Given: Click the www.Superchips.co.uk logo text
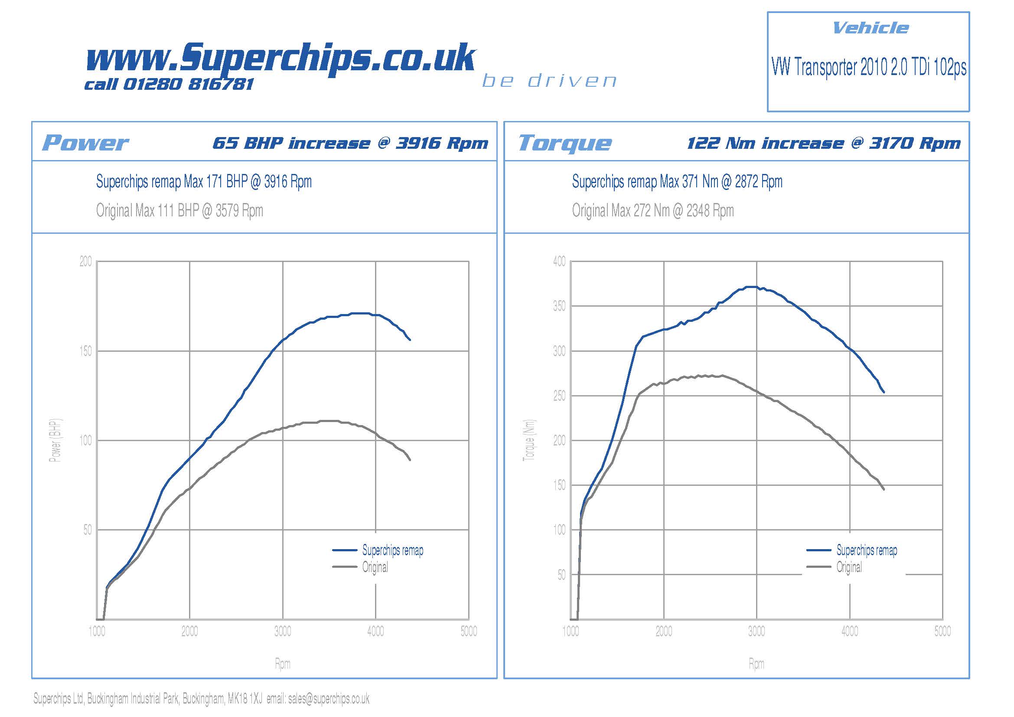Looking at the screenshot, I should coord(280,57).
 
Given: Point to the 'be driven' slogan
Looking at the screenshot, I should coord(549,81).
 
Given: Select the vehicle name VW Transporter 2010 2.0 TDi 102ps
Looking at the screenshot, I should coord(868,67).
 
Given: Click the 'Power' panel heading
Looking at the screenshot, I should coord(85,143).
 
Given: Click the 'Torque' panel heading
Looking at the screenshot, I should coord(565,143).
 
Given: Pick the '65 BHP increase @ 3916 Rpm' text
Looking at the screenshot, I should coord(350,143).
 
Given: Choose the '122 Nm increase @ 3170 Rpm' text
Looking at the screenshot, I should coord(824,143).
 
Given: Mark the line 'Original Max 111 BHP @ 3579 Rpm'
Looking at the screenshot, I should coord(179,211).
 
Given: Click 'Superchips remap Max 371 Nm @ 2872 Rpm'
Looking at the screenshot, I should coord(677,182).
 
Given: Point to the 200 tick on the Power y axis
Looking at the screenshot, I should coord(86,262).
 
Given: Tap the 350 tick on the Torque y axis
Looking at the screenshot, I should coord(559,306).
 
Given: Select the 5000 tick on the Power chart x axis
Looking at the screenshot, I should coord(469,631).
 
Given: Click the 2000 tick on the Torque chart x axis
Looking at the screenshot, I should coord(663,631).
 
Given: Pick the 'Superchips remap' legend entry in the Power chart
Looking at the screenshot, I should coord(392,550).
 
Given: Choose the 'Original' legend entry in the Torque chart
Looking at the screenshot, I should coord(848,567).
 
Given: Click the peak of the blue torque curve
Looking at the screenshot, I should coord(751,287).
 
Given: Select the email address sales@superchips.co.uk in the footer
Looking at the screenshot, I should coord(329,698).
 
